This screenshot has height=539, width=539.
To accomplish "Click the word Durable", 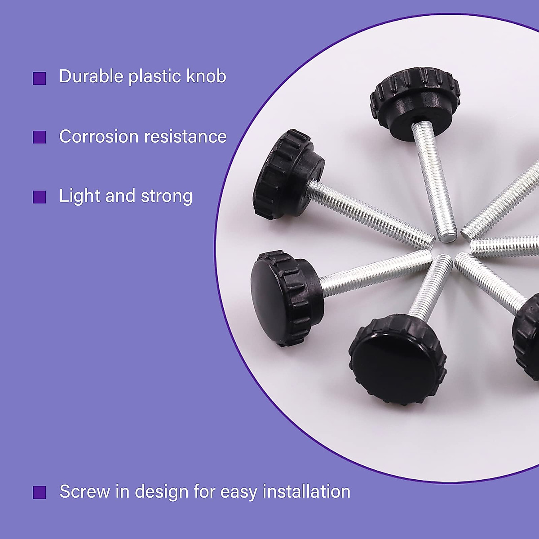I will (91, 76).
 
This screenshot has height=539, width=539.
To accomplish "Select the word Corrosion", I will (98, 137).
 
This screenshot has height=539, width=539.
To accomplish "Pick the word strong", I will (167, 197).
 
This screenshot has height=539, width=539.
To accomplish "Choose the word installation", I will (306, 491).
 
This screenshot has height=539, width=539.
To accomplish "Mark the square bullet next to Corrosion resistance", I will (40, 137).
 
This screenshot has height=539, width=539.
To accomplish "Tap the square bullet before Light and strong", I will (40, 197).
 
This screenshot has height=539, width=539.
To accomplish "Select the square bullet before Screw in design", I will (40, 492).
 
